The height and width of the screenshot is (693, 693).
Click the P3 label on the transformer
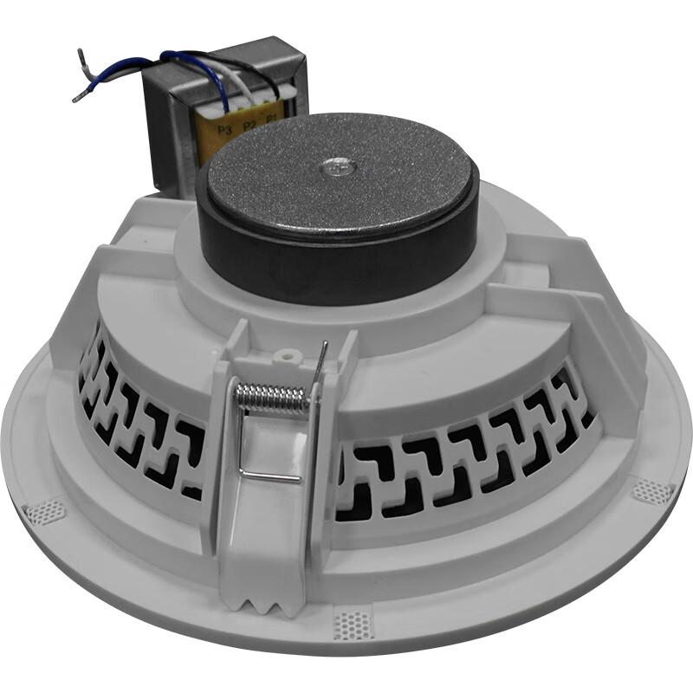tap(226, 131)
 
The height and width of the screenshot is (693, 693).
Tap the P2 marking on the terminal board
tap(249, 126)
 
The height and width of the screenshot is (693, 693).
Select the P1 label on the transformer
tap(271, 119)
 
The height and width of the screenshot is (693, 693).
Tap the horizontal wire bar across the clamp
tap(270, 475)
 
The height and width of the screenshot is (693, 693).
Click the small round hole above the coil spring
tap(282, 355)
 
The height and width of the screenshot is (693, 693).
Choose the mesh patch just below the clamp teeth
tap(353, 623)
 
